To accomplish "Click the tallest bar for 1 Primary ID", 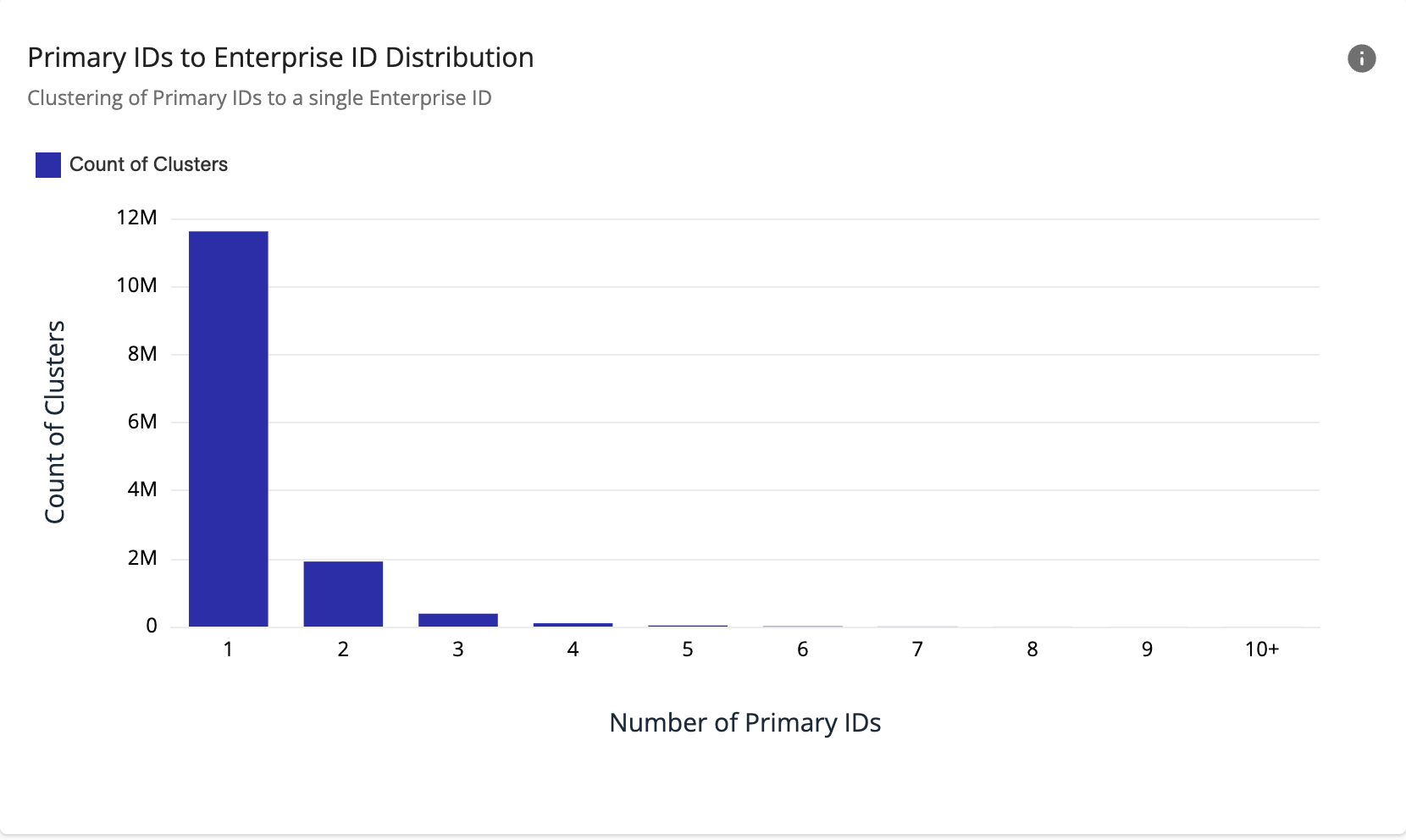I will point(228,428).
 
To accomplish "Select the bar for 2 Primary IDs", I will point(343,594).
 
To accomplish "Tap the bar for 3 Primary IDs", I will point(458,620).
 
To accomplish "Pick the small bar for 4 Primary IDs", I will point(573,625).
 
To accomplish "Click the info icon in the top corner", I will point(1361,58).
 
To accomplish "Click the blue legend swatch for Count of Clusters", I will point(48,165).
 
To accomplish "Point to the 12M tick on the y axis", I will point(137,218).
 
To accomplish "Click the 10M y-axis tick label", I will point(137,285).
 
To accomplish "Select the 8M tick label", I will point(142,354).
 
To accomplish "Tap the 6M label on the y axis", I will point(142,422).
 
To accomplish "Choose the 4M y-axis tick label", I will point(142,489).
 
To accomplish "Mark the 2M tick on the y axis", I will point(142,558).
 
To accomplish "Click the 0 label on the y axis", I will point(152,626).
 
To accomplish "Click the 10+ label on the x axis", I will point(1261,649).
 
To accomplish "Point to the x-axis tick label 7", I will point(917,649).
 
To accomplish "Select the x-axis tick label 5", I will point(688,649).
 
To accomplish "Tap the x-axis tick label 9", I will point(1147,649).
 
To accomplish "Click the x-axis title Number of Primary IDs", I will point(745,722).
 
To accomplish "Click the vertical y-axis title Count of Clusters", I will point(55,422).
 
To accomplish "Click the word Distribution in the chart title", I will point(459,58).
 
